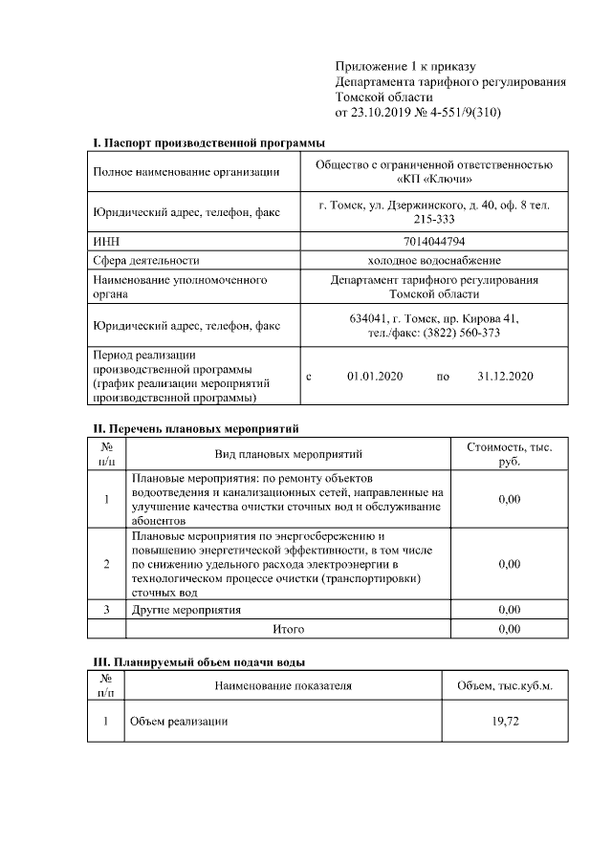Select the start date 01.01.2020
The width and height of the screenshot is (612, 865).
(375, 377)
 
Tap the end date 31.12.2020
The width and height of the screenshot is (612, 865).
(504, 377)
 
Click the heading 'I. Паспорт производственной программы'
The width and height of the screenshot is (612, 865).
(209, 142)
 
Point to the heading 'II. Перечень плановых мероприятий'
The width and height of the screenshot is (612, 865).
(196, 429)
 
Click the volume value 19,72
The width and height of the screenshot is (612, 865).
(505, 721)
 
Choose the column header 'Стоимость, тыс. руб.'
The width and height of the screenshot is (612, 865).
(509, 454)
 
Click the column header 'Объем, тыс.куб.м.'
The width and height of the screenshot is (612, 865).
(505, 685)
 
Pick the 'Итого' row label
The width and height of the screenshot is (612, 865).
(288, 629)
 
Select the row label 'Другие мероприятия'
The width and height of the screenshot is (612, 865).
(186, 609)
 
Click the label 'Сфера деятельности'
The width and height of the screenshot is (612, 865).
(145, 260)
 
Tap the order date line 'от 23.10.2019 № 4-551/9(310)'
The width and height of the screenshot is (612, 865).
(418, 113)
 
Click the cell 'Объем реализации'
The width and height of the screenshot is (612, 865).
(179, 721)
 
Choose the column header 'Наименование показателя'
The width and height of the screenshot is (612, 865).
(283, 685)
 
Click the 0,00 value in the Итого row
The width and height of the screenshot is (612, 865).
(509, 629)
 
